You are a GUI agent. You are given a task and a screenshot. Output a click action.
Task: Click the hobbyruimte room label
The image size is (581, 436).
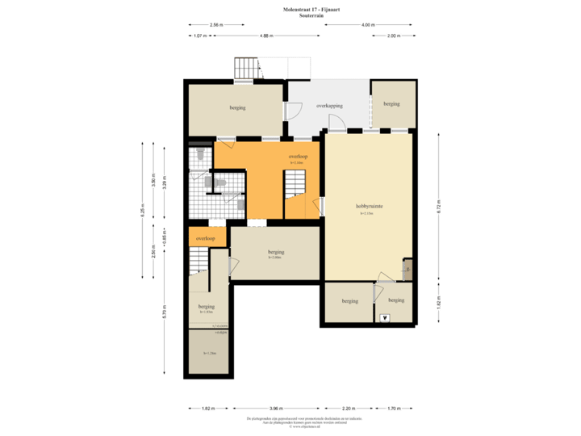(x=369, y=207)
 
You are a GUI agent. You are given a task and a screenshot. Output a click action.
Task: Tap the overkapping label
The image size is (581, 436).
(x=329, y=106)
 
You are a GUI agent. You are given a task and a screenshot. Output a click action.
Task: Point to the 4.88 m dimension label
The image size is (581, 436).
(x=265, y=36)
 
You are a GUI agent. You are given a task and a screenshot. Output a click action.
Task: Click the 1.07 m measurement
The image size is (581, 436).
(x=199, y=36)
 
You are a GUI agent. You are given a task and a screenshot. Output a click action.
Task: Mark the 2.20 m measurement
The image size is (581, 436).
(x=348, y=409)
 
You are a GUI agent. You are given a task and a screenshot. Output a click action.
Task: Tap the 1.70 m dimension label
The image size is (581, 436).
(x=393, y=409)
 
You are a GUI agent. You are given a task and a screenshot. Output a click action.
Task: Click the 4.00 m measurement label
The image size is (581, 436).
(x=367, y=24)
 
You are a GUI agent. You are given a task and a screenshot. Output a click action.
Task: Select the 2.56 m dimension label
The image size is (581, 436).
(x=216, y=24)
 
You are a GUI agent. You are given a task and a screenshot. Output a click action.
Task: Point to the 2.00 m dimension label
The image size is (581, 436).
(x=393, y=36)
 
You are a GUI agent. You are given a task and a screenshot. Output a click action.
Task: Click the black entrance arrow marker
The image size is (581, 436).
(x=385, y=317)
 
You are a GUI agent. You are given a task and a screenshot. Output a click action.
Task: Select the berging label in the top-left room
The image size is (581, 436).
(x=237, y=107)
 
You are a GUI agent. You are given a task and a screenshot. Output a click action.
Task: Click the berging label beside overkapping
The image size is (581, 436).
(x=391, y=103)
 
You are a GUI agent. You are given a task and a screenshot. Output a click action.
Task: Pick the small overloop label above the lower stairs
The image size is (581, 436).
(x=205, y=239)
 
